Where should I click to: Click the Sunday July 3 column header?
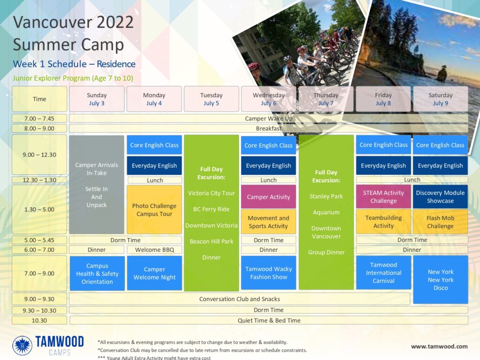(97, 99)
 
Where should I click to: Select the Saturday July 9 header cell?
(441, 99)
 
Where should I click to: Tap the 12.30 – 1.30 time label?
(39, 180)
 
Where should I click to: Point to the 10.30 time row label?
(39, 321)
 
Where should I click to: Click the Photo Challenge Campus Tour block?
(154, 210)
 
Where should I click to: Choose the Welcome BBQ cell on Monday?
(155, 250)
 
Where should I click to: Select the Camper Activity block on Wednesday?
(269, 197)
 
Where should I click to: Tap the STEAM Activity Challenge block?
(383, 197)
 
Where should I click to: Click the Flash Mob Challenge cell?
(441, 222)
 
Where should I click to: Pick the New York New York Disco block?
(441, 279)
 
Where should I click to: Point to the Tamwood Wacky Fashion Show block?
(269, 273)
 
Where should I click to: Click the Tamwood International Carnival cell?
(383, 273)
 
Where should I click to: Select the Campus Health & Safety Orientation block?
(97, 273)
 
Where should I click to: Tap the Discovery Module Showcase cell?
(441, 197)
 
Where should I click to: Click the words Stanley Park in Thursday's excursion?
(326, 196)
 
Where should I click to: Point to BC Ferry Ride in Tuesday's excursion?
(211, 209)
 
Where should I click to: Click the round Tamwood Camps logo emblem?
(22, 345)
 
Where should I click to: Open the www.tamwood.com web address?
(439, 346)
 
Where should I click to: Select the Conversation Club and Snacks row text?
(240, 299)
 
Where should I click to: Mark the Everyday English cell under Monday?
(154, 165)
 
